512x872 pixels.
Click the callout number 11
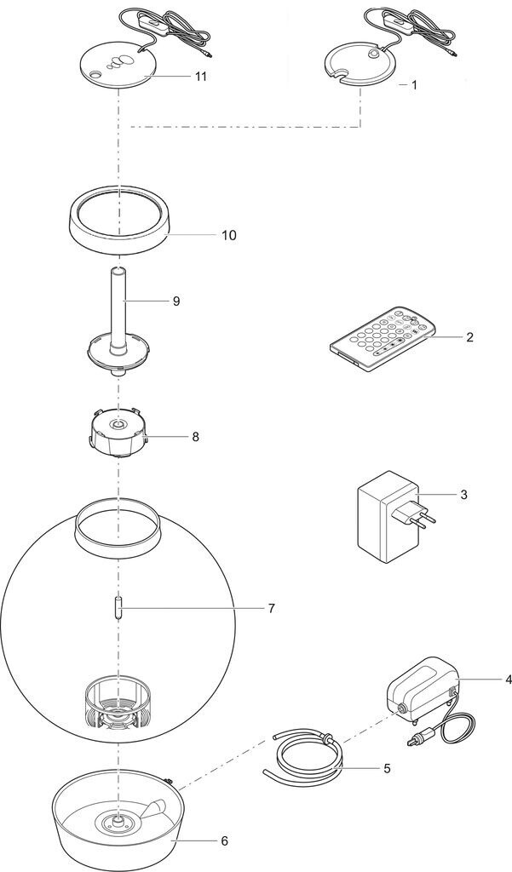[201, 76]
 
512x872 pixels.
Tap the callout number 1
[414, 85]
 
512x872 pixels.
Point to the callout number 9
[175, 301]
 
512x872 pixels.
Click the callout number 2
[469, 337]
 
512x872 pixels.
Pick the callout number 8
[195, 436]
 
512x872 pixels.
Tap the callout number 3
[464, 494]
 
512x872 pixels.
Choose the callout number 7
[271, 608]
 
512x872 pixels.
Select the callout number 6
[224, 840]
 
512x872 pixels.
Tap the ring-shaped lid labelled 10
[119, 222]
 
